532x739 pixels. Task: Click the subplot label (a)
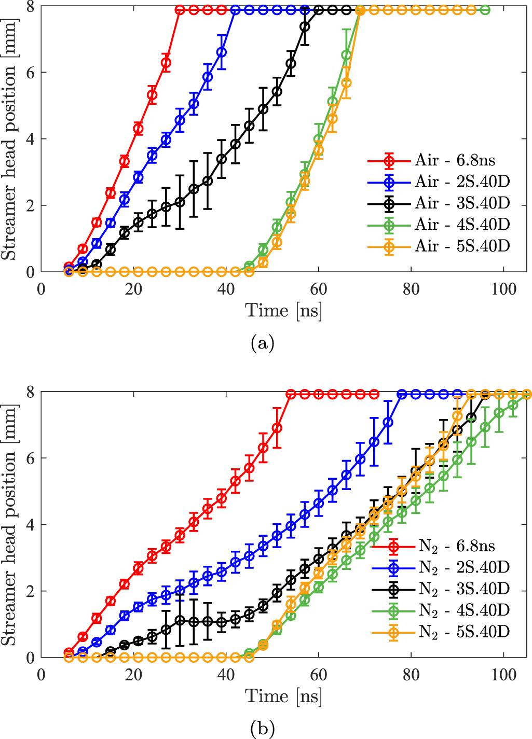(x=262, y=343)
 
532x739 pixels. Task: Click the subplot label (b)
(x=262, y=729)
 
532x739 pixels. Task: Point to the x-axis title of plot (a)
(x=283, y=311)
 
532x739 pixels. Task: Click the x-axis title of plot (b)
(x=283, y=696)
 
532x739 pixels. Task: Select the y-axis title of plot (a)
(x=9, y=139)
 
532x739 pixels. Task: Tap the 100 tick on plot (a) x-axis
(x=503, y=288)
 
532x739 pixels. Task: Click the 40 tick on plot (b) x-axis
(x=226, y=674)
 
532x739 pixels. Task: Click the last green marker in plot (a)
(x=485, y=10)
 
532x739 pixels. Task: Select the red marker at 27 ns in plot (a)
(x=166, y=63)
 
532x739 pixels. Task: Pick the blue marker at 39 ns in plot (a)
(x=222, y=52)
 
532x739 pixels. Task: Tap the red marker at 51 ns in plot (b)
(x=277, y=428)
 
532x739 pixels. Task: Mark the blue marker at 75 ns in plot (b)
(x=388, y=423)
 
